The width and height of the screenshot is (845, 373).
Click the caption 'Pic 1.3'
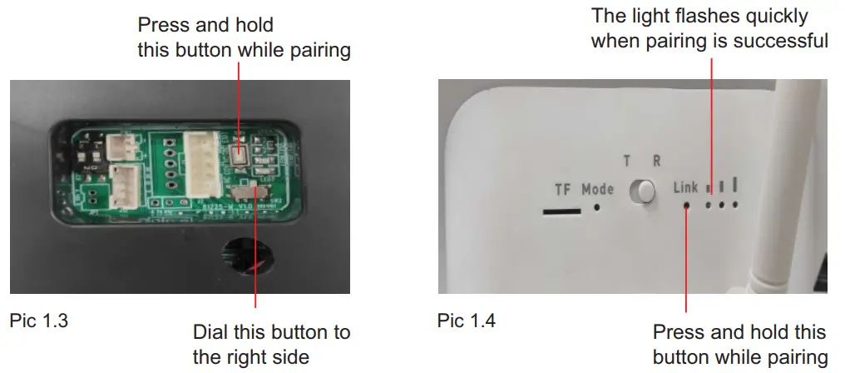38,320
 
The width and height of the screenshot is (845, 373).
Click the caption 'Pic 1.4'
466,320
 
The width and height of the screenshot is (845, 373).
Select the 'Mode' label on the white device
597,189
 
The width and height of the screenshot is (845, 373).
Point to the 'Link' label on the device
685,188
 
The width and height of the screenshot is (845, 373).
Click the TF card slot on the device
561,210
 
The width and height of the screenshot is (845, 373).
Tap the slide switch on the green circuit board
247,193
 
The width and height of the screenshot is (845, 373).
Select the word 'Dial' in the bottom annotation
209,332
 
